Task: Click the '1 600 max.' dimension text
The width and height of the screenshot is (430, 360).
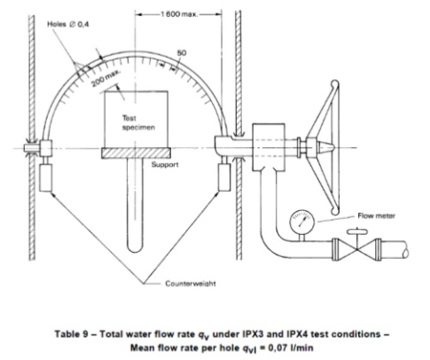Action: click(x=179, y=14)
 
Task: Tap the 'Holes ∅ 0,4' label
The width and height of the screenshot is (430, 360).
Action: click(x=68, y=24)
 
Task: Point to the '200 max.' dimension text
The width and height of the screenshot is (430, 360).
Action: click(x=106, y=78)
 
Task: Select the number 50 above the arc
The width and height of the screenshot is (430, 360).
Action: click(x=182, y=53)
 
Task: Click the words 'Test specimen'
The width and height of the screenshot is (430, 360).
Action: click(x=138, y=122)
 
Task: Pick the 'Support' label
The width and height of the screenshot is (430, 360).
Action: click(x=165, y=164)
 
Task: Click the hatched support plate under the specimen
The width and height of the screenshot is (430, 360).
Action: click(x=137, y=153)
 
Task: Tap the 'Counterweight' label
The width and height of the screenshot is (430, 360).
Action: click(x=191, y=284)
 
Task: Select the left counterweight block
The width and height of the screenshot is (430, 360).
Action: click(x=45, y=178)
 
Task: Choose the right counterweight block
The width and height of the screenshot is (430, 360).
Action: click(x=224, y=177)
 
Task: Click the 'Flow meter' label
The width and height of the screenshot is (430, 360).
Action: click(x=376, y=215)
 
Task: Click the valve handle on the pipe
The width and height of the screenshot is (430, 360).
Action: click(x=357, y=231)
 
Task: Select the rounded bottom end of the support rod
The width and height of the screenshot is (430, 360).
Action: click(x=135, y=247)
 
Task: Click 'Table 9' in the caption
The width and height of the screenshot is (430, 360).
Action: click(x=71, y=334)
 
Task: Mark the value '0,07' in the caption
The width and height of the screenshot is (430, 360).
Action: click(x=278, y=348)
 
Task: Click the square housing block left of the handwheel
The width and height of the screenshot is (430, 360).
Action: click(x=269, y=147)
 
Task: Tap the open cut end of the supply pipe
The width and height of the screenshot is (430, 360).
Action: click(x=406, y=251)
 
